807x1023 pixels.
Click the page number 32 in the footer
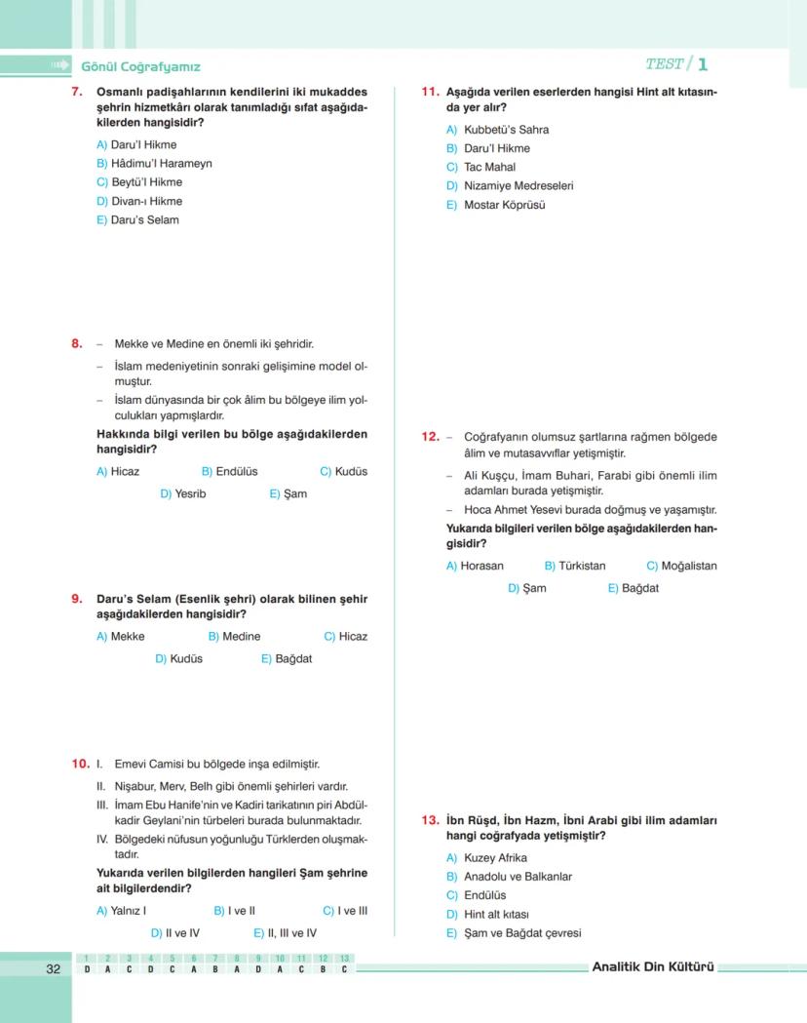point(53,968)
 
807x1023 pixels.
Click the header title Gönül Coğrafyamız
point(140,66)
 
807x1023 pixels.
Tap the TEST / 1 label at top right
point(675,64)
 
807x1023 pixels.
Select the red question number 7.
point(76,93)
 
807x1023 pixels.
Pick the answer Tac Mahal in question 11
point(480,168)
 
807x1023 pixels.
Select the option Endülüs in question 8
point(229,472)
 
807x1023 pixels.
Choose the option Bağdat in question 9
point(286,659)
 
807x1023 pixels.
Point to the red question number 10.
point(80,765)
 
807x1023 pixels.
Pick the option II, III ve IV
point(285,933)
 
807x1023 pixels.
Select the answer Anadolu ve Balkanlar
point(509,877)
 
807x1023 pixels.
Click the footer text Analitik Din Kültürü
point(653,967)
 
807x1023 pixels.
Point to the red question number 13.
point(430,821)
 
